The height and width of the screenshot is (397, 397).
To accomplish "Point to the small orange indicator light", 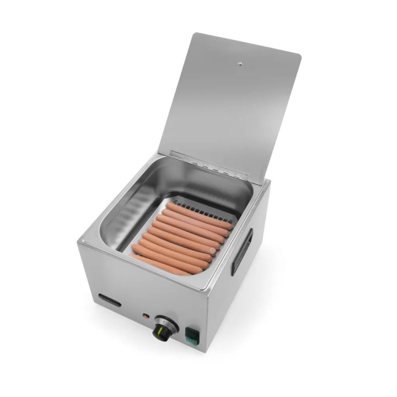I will [x=146, y=316].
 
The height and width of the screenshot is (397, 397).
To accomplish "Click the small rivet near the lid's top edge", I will [x=239, y=65].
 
